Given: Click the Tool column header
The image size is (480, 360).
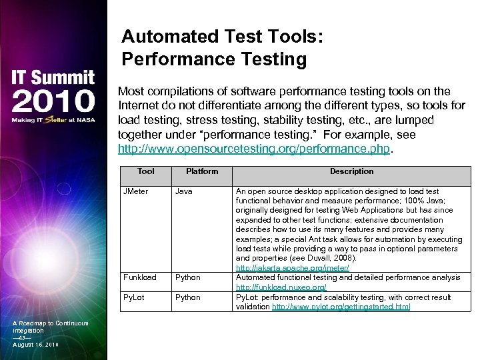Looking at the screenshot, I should coord(145,171).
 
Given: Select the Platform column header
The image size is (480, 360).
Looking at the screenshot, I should coord(202,171).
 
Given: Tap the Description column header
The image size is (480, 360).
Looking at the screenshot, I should coord(351,171).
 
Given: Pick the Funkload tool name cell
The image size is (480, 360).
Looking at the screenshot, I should coord(140,277).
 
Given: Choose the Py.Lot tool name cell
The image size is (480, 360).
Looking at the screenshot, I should coord(134,297).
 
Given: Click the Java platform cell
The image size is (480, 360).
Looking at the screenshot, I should coord(184,191).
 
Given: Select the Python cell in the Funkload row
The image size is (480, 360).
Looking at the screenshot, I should coord(187,277).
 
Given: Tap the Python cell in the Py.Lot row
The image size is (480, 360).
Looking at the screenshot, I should coord(187,297).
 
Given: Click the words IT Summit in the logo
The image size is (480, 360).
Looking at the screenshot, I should coord(52,77).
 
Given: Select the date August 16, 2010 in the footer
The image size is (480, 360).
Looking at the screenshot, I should coord(36,344).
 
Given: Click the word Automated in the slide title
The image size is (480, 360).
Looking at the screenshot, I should coord(170,37).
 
